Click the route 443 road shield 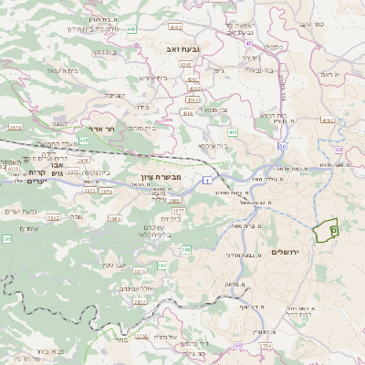click(x=131, y=29)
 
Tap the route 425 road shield click(x=84, y=141)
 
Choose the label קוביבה click(x=113, y=94)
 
